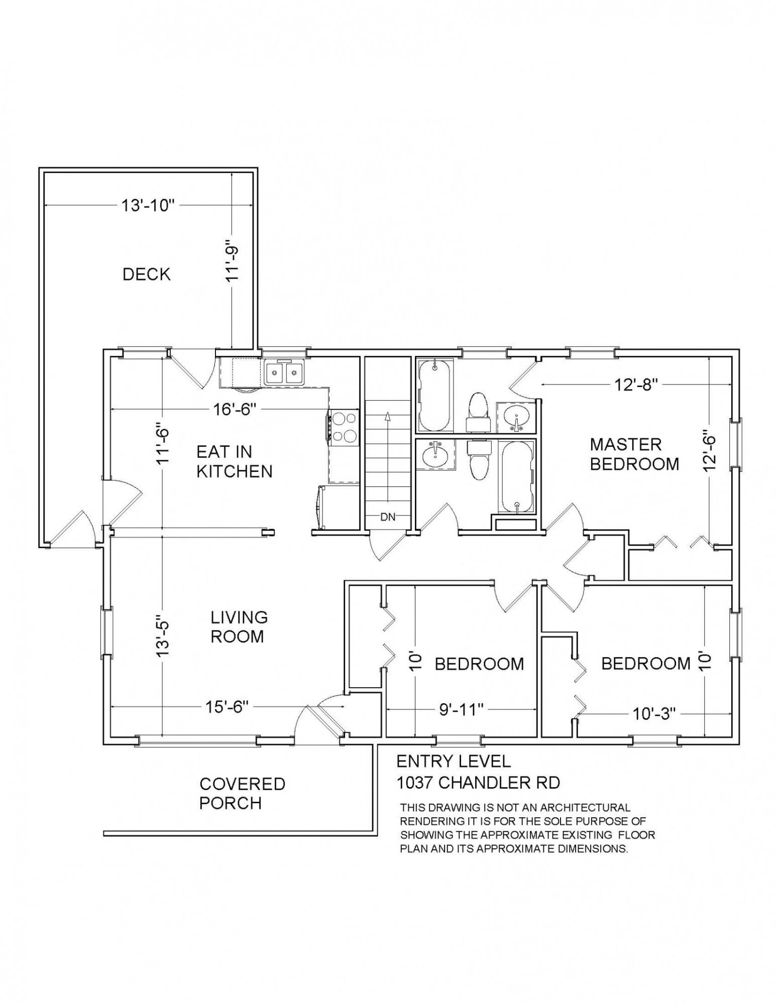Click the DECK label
point(147,274)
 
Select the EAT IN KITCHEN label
point(234,462)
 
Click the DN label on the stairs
point(388,518)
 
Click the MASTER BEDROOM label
point(634,454)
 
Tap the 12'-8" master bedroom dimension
point(635,385)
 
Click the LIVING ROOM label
point(239,627)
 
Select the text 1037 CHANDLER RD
point(478,782)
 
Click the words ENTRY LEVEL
point(454,762)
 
